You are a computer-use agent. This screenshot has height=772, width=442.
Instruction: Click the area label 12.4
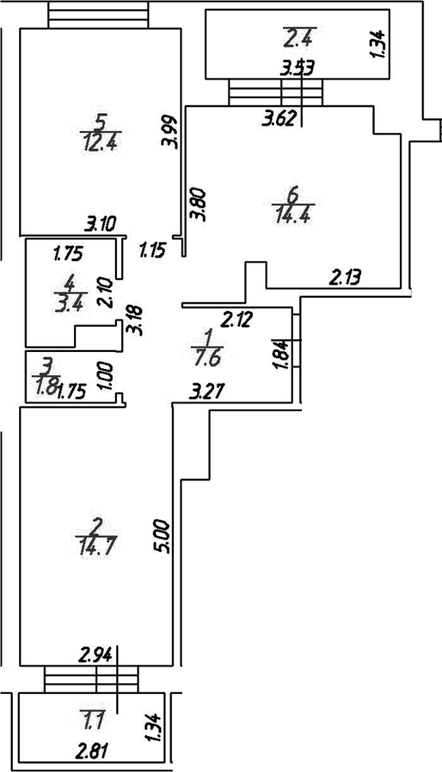[x=101, y=143]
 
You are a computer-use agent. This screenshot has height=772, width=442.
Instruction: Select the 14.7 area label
[x=97, y=546]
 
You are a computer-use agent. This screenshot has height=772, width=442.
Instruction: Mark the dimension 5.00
[x=164, y=537]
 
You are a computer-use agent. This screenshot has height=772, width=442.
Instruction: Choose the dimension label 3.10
[x=100, y=226]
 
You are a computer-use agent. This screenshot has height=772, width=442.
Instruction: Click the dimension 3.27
[x=208, y=392]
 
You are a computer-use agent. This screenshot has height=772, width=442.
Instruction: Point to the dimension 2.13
[x=345, y=278]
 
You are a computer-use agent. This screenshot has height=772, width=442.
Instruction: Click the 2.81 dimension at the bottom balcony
[x=92, y=752]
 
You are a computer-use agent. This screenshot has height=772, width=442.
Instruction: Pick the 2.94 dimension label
[x=97, y=655]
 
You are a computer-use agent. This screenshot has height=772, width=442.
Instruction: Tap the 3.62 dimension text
[x=279, y=119]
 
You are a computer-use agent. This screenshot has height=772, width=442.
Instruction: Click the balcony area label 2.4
[x=299, y=39]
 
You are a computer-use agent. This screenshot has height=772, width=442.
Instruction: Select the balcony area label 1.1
[x=92, y=724]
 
